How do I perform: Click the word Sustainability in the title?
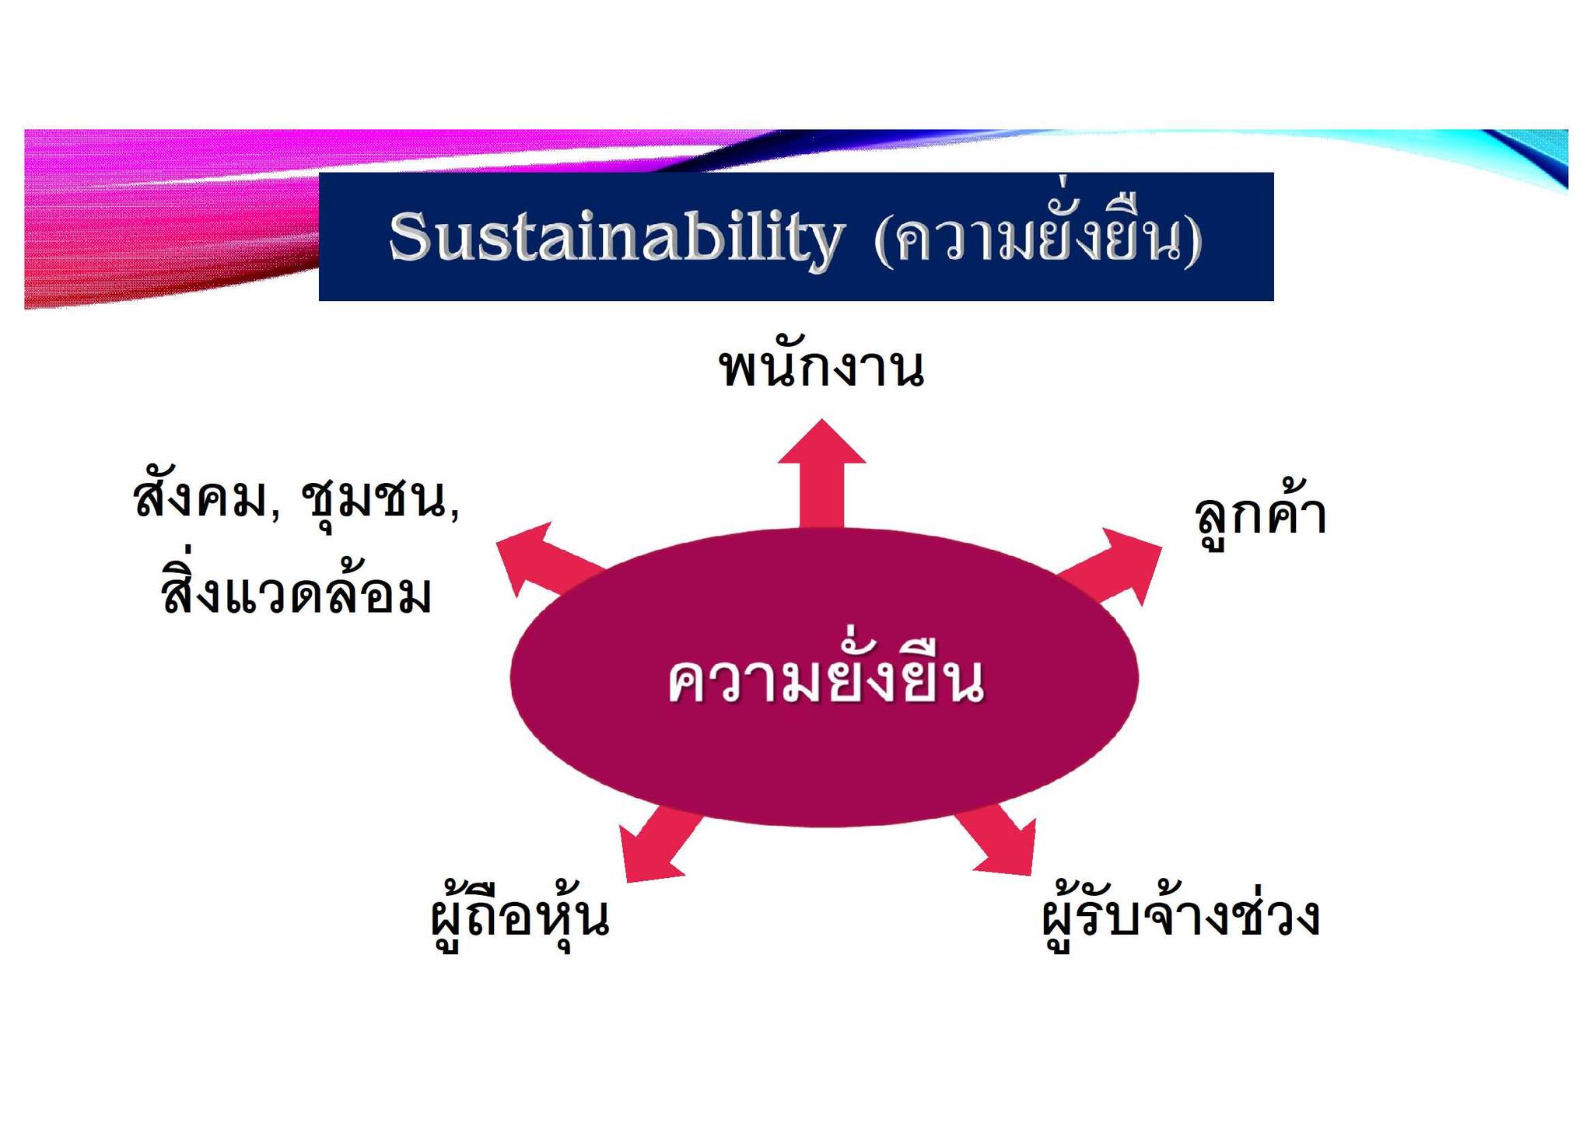coord(616,237)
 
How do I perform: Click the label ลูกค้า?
coord(1260,513)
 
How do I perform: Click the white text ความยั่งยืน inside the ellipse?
coord(825,673)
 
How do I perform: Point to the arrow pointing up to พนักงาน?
coord(821,474)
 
